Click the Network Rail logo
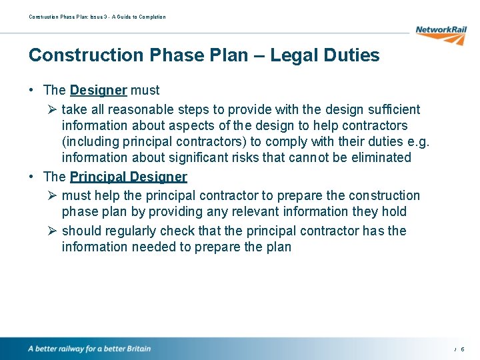click(x=440, y=34)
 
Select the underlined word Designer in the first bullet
click(x=98, y=90)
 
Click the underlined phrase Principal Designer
click(x=129, y=177)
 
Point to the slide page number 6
click(x=463, y=349)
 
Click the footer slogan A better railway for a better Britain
click(x=89, y=349)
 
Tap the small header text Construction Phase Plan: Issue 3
click(x=66, y=17)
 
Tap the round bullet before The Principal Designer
click(x=32, y=177)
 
